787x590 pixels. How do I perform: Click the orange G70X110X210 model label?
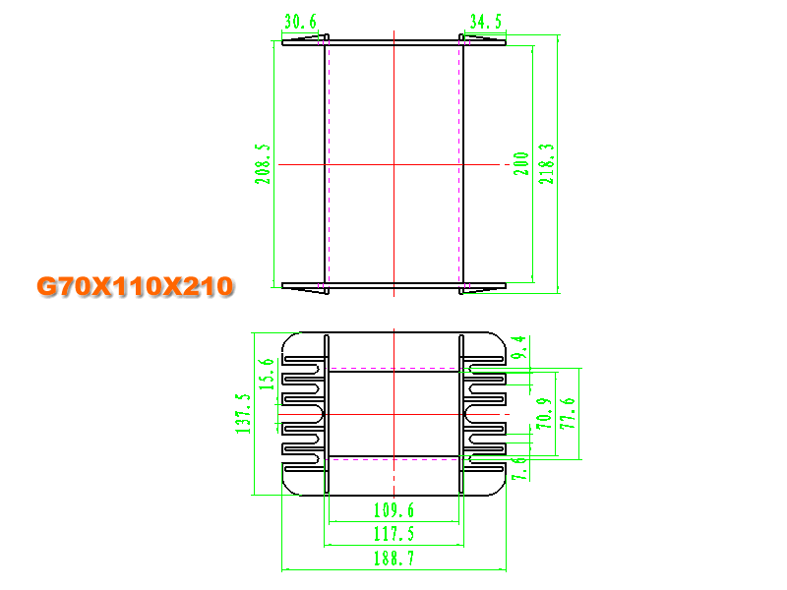click(136, 286)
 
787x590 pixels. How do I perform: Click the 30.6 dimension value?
click(301, 22)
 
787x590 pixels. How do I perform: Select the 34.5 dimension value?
click(486, 22)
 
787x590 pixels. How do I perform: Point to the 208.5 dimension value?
click(263, 164)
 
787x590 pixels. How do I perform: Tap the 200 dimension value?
click(521, 163)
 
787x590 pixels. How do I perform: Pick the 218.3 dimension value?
click(547, 164)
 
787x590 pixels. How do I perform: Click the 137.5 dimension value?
click(243, 414)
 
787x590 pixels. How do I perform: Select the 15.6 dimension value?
click(267, 375)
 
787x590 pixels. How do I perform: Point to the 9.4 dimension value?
click(519, 347)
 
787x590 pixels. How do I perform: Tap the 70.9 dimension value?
click(544, 414)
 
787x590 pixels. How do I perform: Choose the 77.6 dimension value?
click(568, 413)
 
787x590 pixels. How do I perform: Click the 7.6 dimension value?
click(519, 469)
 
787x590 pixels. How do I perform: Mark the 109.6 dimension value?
click(394, 510)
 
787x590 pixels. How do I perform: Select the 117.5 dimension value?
click(394, 534)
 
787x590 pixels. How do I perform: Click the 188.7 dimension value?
click(394, 558)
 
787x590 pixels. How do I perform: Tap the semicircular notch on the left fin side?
click(322, 414)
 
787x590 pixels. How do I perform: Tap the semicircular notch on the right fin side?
click(466, 414)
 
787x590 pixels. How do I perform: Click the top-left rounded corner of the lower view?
click(288, 338)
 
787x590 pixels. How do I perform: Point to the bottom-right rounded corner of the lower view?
click(500, 490)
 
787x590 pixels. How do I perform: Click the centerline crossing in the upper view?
click(394, 164)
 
